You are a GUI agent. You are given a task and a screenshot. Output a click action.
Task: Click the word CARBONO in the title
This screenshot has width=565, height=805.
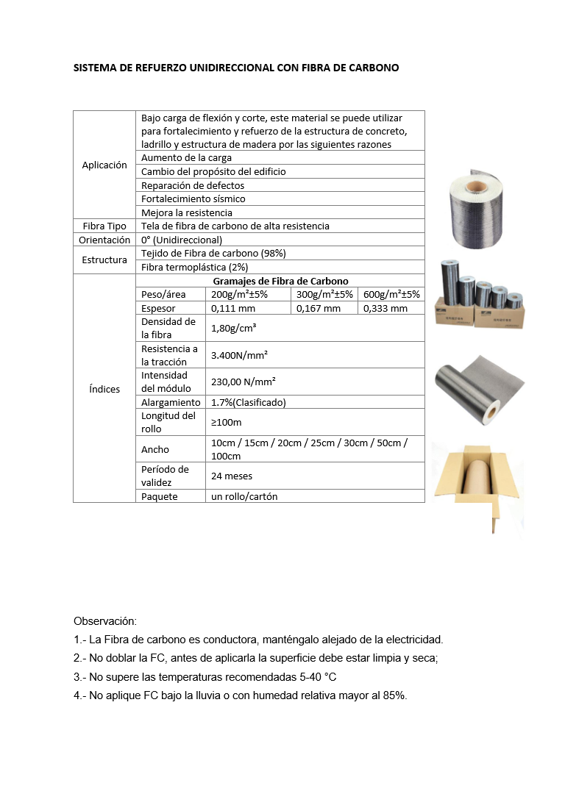(374, 68)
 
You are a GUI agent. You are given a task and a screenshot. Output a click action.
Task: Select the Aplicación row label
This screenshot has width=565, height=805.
(104, 165)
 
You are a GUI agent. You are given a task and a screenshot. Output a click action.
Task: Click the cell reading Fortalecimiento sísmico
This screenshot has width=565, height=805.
(193, 198)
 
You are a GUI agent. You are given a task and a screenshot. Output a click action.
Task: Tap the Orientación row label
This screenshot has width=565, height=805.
(104, 240)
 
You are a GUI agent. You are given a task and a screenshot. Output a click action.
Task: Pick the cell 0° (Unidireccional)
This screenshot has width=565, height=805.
(182, 240)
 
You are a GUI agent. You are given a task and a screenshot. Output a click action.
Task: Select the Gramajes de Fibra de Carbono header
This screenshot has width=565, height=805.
(280, 281)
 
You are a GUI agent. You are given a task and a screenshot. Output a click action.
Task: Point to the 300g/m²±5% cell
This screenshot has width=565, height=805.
(324, 294)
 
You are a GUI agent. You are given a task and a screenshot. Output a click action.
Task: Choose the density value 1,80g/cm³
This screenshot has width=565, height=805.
(233, 328)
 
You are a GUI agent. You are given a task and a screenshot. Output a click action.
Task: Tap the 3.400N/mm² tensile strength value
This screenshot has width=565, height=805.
(239, 355)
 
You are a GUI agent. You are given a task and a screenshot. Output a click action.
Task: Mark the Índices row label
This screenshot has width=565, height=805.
(104, 388)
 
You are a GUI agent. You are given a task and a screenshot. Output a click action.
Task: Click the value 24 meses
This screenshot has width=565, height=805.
(232, 476)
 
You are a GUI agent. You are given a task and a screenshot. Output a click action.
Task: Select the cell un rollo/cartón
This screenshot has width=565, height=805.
(244, 496)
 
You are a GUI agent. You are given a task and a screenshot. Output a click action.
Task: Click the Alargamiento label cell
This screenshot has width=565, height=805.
(171, 402)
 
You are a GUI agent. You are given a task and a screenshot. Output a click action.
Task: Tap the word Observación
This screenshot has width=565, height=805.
(105, 621)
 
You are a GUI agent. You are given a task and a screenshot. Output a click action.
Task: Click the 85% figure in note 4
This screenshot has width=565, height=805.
(395, 695)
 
